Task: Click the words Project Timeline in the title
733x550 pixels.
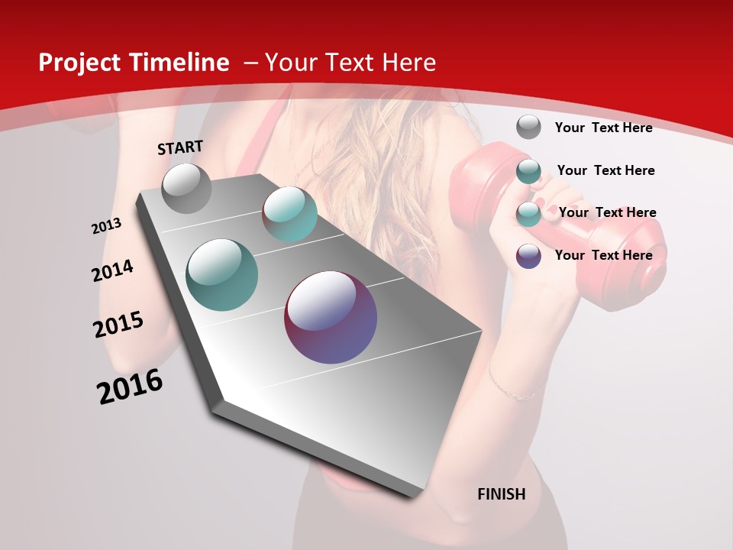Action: click(x=134, y=63)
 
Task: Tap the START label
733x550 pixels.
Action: click(x=180, y=147)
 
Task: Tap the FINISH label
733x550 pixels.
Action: click(x=502, y=494)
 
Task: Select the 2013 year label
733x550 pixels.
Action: click(x=106, y=226)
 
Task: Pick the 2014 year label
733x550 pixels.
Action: click(x=112, y=270)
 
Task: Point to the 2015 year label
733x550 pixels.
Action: click(x=118, y=325)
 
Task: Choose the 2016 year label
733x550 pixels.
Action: click(x=130, y=387)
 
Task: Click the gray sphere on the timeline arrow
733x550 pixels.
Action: click(x=186, y=188)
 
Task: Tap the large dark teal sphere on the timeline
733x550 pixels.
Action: click(x=222, y=275)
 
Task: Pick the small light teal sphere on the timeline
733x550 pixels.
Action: click(x=289, y=214)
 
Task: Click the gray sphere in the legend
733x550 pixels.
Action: click(x=528, y=127)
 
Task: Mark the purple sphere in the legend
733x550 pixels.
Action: click(x=528, y=256)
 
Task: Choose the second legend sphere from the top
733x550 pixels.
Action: click(x=528, y=171)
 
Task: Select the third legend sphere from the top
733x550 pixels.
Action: click(x=528, y=214)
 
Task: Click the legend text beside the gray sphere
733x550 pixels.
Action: click(x=603, y=128)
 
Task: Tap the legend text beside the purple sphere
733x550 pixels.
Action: click(x=603, y=255)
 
